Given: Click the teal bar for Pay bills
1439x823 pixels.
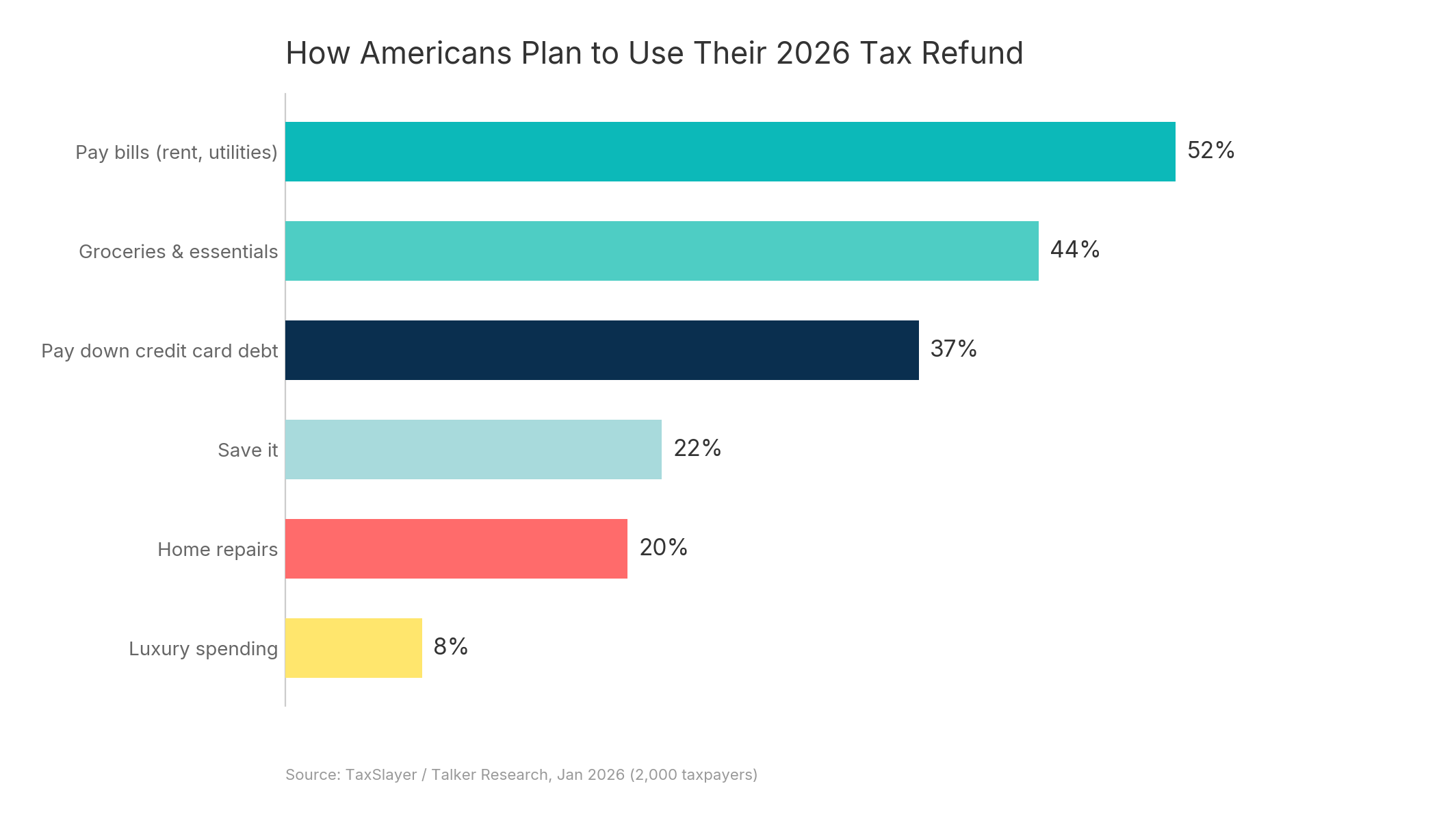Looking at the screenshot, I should (729, 151).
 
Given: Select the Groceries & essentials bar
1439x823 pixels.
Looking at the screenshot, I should (661, 251).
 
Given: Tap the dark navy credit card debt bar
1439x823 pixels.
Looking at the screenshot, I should (601, 350).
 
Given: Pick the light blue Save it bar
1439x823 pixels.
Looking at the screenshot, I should (473, 449).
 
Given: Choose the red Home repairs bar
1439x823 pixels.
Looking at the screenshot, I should (456, 548).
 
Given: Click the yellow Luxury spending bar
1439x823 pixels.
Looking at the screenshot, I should (353, 648).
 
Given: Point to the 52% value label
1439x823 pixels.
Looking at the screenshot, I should (1210, 151).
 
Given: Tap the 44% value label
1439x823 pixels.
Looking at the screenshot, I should (1074, 250).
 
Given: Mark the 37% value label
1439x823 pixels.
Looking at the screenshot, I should (953, 349).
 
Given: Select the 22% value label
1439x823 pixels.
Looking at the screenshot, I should (697, 448).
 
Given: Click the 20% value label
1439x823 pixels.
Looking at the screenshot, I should (663, 548).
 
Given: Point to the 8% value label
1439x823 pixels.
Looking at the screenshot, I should (450, 647).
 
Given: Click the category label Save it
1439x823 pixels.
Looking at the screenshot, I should (247, 450).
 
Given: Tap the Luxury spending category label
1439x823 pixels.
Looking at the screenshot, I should (203, 648).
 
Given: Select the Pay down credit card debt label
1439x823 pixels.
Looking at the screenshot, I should (159, 351).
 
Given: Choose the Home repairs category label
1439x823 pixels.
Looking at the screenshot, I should (217, 549).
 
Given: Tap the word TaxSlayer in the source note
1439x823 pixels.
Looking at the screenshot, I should (380, 774).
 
